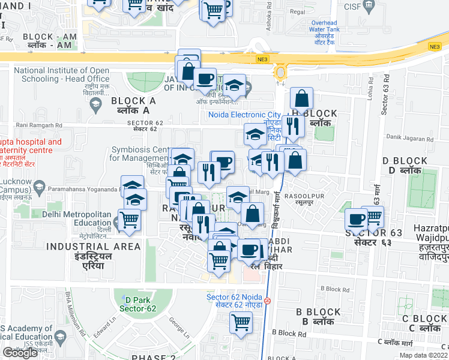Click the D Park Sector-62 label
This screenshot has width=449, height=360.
tap(136, 304)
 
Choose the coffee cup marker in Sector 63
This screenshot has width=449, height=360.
tap(356, 219)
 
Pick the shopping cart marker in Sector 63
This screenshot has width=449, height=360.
tap(373, 216)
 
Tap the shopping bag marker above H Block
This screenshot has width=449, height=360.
tap(301, 98)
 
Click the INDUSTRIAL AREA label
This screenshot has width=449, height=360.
tap(93, 247)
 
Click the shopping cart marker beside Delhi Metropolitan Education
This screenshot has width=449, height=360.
tap(129, 220)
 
